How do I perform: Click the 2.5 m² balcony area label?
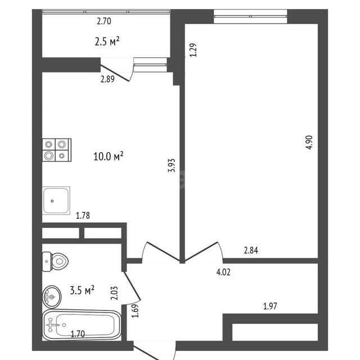coord(107,42)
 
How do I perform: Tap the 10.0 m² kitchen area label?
coord(109,156)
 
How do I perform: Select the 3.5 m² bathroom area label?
coord(82,290)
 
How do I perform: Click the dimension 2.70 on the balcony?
coord(104,21)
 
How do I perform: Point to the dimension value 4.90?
coord(309,142)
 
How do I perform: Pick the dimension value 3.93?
coord(172,165)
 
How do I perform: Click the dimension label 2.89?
coord(107,79)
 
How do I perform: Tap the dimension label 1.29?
coord(193,50)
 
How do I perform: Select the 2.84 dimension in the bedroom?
coord(251,250)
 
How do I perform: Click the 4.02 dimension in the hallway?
coord(223,272)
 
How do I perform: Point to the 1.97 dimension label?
coord(270,306)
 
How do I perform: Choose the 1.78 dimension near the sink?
coord(83,215)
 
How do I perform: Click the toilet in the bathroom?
coord(55,261)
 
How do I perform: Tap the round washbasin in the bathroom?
coord(52,297)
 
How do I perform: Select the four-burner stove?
coord(57,150)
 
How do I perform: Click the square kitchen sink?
coord(56,201)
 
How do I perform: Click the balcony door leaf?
coord(114,73)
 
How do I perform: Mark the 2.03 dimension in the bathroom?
coord(114,293)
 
